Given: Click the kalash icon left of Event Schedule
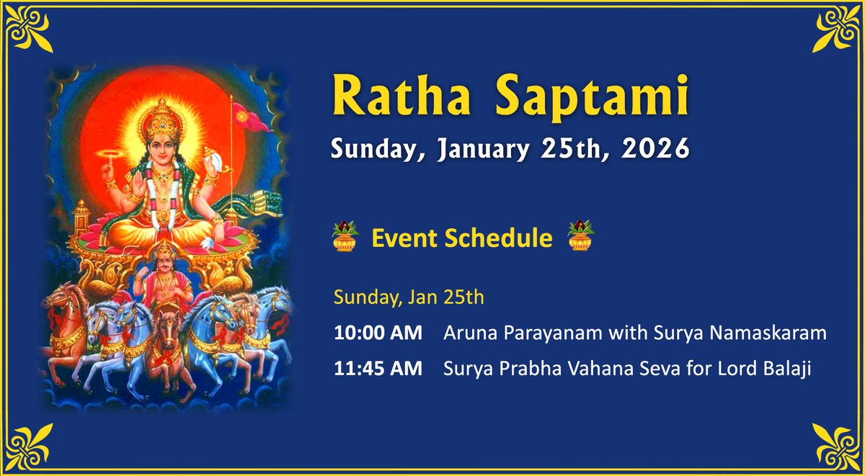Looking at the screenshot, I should point(345,236).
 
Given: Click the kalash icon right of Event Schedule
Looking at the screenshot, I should point(579,236).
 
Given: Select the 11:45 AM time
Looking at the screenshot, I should point(378,369).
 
